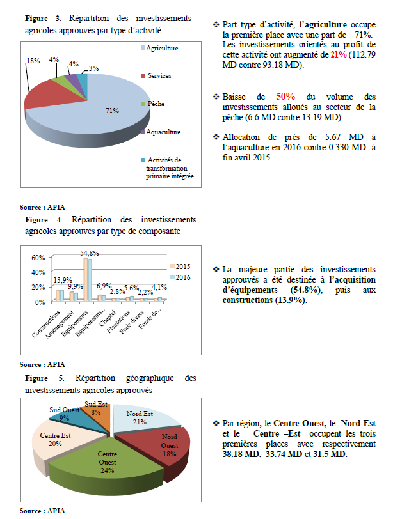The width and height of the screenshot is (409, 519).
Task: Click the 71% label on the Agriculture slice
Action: [112, 111]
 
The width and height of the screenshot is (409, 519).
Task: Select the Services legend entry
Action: [159, 75]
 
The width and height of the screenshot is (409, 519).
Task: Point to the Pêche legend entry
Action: [156, 104]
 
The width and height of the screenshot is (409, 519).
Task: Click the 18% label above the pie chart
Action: [33, 61]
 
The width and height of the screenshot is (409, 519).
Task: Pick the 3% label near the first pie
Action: [93, 68]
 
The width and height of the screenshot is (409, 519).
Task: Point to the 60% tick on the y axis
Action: [38, 258]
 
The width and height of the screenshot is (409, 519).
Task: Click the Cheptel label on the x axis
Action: [115, 316]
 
